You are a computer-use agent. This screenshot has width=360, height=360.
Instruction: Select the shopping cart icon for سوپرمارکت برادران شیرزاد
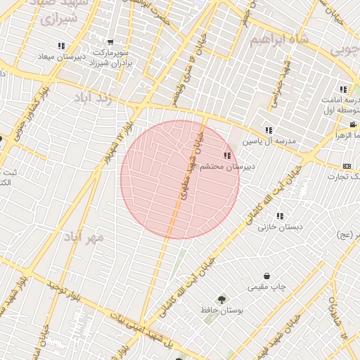pos(110,44)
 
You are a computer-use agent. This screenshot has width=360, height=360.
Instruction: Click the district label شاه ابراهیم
pos(280,39)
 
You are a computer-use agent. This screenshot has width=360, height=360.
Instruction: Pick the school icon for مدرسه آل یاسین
pos(269,130)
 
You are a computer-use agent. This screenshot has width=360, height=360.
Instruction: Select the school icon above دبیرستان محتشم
pos(226,155)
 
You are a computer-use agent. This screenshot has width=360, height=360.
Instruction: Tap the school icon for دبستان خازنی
pos(280,216)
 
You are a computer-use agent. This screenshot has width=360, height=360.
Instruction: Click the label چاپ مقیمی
pos(266,288)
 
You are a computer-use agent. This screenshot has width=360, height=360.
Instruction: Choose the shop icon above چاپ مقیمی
pos(266,276)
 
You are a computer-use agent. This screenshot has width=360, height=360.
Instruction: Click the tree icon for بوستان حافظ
pos(224,300)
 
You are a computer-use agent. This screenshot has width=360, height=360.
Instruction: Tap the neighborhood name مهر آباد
pos(86,237)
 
